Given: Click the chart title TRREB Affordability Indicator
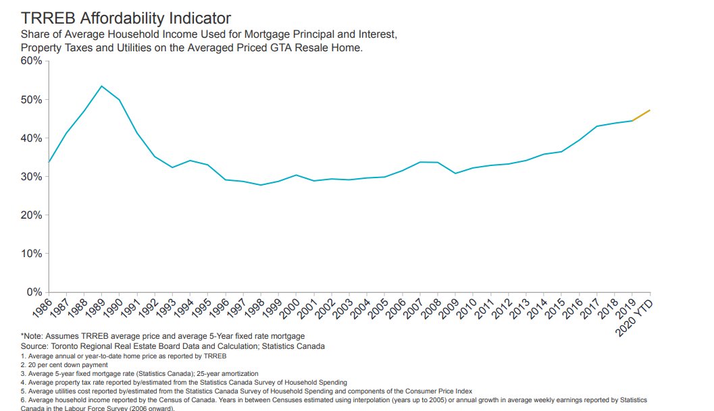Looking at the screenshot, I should pyautogui.click(x=126, y=18).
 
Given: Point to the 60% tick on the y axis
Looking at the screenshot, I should pyautogui.click(x=32, y=61).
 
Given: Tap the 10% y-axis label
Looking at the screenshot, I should pyautogui.click(x=32, y=254).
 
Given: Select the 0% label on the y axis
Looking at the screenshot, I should pyautogui.click(x=35, y=292).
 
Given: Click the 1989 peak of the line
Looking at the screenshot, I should pyautogui.click(x=101, y=86).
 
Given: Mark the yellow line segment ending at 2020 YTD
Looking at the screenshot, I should pyautogui.click(x=641, y=115).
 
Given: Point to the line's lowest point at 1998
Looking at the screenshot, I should pyautogui.click(x=260, y=185).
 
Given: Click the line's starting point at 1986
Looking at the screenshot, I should pyautogui.click(x=49, y=163).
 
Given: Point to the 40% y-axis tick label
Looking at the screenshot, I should pyautogui.click(x=32, y=138).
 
